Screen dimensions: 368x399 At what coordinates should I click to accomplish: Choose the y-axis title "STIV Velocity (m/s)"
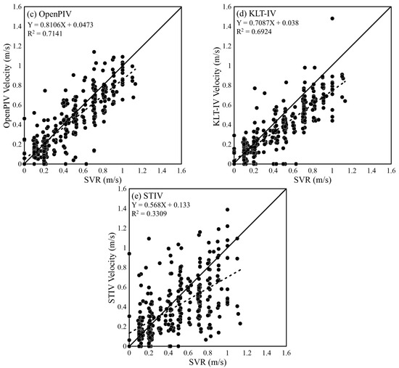click(110, 267)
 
